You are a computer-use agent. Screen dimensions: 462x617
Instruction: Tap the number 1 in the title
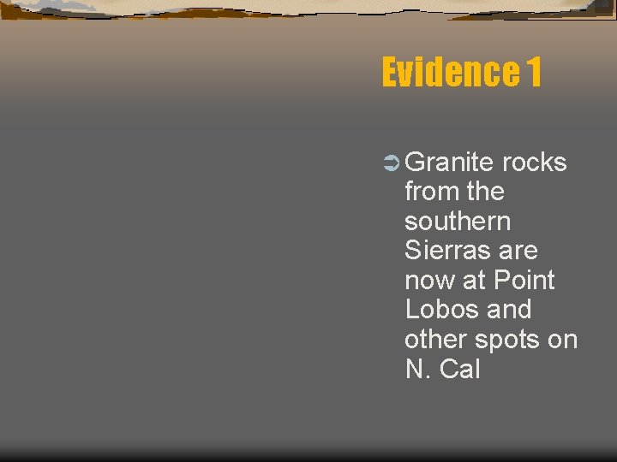point(533,73)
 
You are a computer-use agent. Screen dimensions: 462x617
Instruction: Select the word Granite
point(450,163)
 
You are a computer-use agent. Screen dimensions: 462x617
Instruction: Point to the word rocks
point(535,163)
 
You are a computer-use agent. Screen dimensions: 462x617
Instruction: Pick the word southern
point(457,222)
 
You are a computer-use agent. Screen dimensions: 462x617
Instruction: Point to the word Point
point(524,281)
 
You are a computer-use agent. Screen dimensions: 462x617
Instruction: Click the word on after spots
point(562,340)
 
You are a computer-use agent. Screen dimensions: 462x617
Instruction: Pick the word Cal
point(459,370)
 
